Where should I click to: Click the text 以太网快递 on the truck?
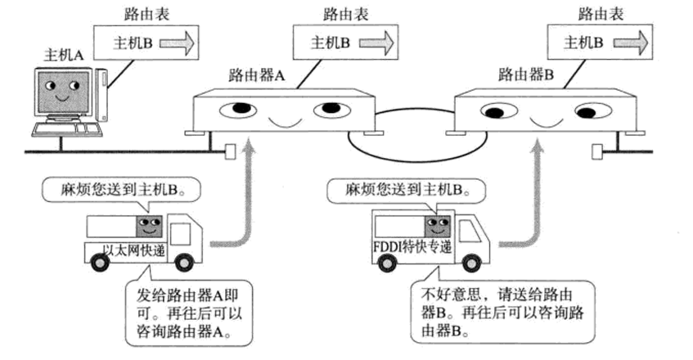click(x=134, y=248)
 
